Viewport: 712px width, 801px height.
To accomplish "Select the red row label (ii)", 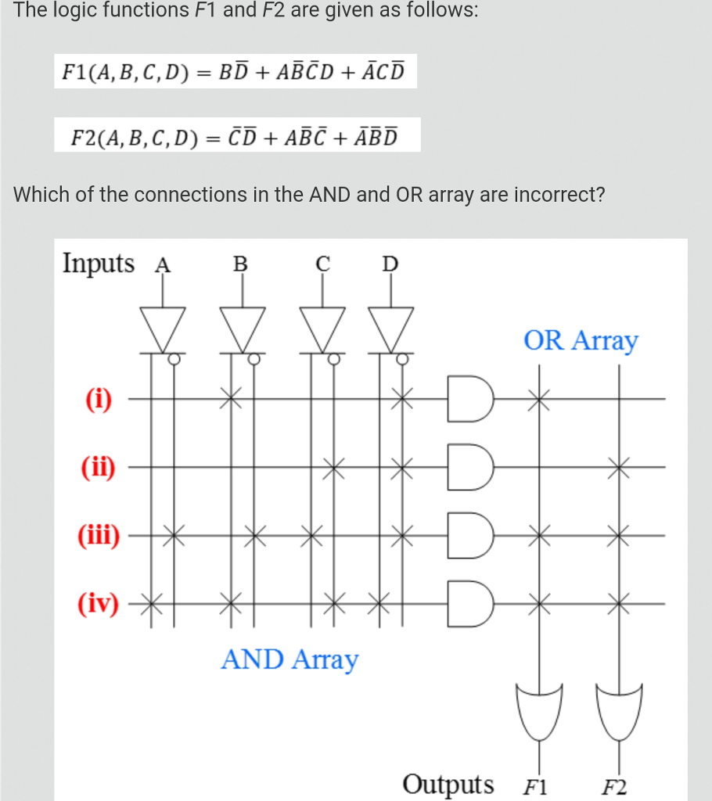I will pyautogui.click(x=99, y=469).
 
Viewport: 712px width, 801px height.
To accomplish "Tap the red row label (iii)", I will pyautogui.click(x=99, y=537).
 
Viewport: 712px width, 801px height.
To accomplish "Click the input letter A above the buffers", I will pyautogui.click(x=163, y=264).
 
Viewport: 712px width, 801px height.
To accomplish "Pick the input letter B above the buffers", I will pyautogui.click(x=241, y=264).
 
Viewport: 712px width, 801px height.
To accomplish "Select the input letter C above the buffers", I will pyautogui.click(x=322, y=264).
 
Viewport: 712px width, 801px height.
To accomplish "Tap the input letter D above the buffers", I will pyautogui.click(x=390, y=264).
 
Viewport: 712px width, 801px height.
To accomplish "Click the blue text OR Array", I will pyautogui.click(x=581, y=341).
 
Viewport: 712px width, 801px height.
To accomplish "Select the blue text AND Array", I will pyautogui.click(x=289, y=659).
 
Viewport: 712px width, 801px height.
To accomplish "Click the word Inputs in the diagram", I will pyautogui.click(x=99, y=263).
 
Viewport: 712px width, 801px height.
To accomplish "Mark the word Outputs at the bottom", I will pyautogui.click(x=448, y=784).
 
